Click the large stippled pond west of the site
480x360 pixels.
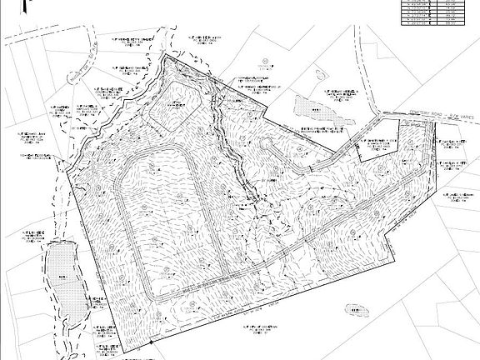tap(61, 276)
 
